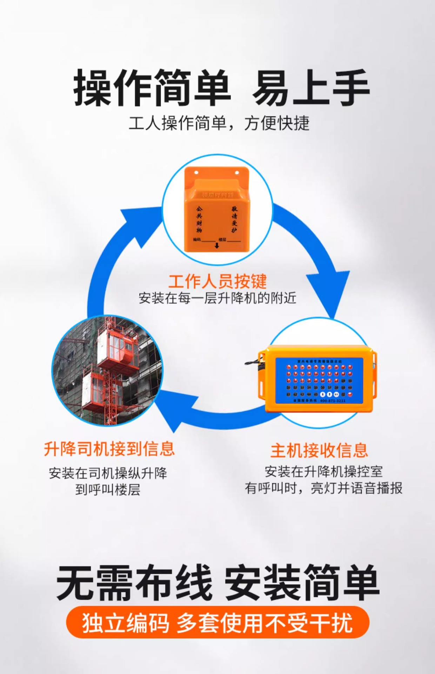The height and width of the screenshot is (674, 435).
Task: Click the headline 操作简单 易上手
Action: coord(221,88)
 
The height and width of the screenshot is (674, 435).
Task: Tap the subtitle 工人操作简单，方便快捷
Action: coord(219,123)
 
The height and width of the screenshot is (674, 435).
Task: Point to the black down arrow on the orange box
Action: coord(216,245)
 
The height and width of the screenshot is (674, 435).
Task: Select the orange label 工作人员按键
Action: coord(217,281)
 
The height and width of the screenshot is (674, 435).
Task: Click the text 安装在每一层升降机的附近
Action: coord(217,298)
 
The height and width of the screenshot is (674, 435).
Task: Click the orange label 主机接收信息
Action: coord(319,450)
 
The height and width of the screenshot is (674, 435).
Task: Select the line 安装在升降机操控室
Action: coord(323,471)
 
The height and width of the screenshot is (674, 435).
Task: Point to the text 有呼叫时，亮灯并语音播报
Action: coord(323,488)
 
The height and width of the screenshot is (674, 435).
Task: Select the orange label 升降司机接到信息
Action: coord(109,449)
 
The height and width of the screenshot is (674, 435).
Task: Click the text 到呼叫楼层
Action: coord(108,490)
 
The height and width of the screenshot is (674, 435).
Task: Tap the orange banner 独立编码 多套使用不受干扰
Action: coord(217,623)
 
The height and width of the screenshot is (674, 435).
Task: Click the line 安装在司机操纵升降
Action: coord(108,473)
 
